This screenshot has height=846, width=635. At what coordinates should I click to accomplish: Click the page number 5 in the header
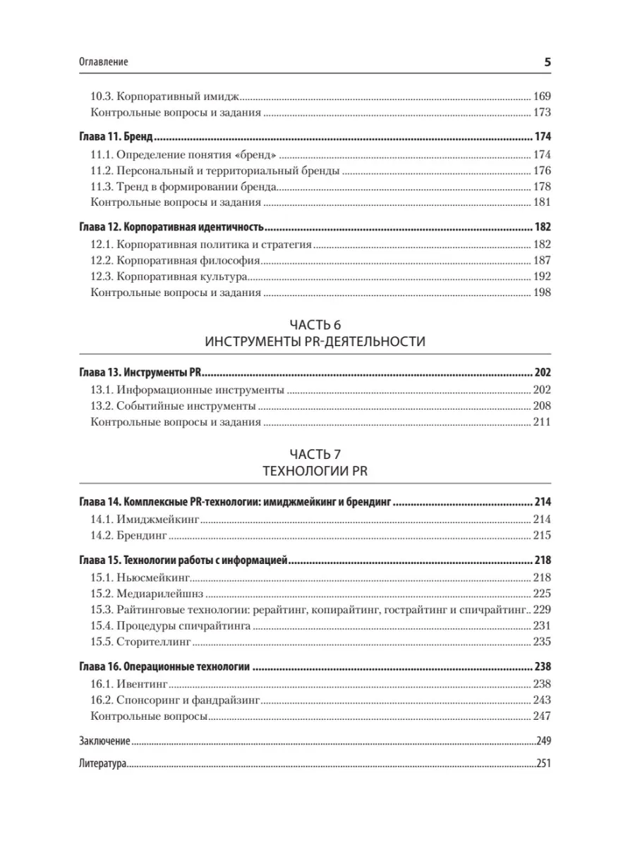point(548,62)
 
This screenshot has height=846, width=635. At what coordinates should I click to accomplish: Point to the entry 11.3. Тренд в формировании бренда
point(183,187)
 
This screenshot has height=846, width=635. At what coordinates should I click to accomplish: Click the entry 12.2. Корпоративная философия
point(174,261)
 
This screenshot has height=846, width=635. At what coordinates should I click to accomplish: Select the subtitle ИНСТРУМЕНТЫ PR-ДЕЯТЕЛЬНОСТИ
point(315,342)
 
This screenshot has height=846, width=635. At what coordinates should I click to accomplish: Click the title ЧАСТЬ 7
point(315,454)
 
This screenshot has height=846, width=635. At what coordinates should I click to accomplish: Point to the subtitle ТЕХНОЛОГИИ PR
point(315,471)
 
